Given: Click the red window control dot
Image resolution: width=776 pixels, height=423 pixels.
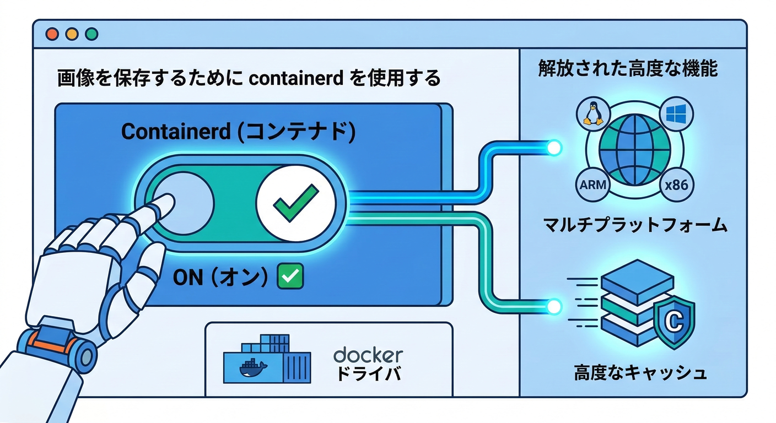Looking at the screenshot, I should coord(52,34).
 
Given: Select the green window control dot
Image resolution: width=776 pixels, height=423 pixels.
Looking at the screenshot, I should coord(91,34).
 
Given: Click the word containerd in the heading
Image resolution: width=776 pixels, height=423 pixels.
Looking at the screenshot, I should coord(297,78).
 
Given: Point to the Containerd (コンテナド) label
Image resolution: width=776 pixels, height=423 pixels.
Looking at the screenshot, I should coord(238,132).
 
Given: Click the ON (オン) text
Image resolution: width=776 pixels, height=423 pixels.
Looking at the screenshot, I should coord(220,277).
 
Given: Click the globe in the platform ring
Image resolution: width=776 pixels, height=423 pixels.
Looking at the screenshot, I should coord(634,149).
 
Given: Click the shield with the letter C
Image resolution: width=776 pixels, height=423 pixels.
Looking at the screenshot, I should coord(673,323).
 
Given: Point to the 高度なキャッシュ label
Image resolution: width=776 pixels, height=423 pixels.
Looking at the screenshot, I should coord(640,373).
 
